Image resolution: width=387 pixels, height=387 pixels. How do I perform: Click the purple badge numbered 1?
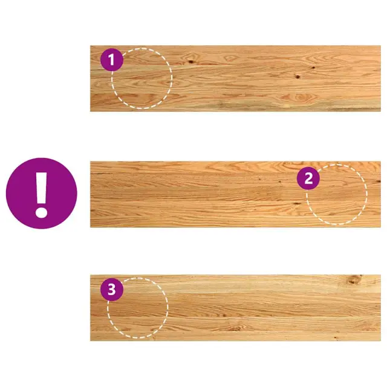click(x=112, y=60)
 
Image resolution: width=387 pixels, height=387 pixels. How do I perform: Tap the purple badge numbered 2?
click(x=308, y=178)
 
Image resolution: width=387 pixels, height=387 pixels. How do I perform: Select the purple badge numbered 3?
click(x=112, y=290)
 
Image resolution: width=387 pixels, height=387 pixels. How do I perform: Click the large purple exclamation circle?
click(x=42, y=193)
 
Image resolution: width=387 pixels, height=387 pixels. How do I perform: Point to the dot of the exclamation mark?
click(x=41, y=212)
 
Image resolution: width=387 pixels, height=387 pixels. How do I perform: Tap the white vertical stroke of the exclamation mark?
click(x=41, y=187)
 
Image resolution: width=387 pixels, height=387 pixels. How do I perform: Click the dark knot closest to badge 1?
click(x=190, y=62)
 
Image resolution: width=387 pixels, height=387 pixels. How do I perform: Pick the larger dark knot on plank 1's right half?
click(x=298, y=77)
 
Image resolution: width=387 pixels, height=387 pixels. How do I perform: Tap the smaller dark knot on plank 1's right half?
click(x=313, y=67)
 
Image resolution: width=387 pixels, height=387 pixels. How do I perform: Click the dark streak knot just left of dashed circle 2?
click(x=297, y=204)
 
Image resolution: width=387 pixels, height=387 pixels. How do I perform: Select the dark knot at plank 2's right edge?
click(x=377, y=182)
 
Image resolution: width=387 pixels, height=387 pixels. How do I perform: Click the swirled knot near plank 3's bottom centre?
click(x=236, y=328)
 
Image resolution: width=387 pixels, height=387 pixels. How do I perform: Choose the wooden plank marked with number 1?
click(x=235, y=79)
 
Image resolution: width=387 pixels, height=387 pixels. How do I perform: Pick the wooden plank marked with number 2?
click(x=235, y=195)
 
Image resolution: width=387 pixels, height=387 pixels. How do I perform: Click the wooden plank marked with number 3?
click(x=235, y=308)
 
